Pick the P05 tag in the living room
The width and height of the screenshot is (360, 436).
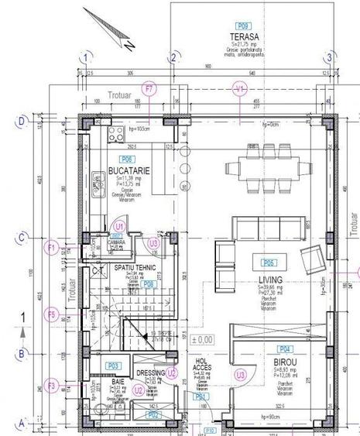[x=269, y=262]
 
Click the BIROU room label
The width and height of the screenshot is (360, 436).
[x=286, y=362]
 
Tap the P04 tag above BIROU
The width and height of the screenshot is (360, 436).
[x=285, y=348]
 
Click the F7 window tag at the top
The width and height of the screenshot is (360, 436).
[x=150, y=89]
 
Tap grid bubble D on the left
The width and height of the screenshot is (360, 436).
[x=23, y=121]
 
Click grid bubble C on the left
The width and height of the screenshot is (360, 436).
[x=23, y=238]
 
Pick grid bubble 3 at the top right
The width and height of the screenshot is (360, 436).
[x=329, y=57]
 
